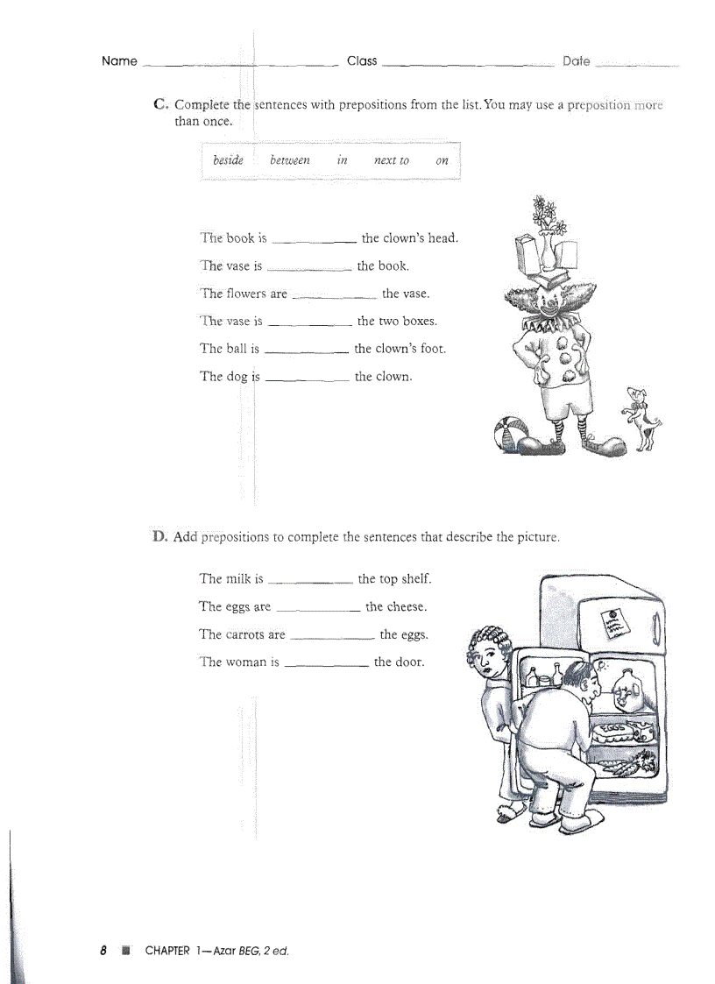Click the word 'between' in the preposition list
[x=289, y=160]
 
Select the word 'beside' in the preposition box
[x=228, y=160]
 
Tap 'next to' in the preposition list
[x=391, y=160]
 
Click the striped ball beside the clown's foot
[x=510, y=433]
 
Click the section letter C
[x=159, y=104]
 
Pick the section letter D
[x=159, y=536]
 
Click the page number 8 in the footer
[x=103, y=951]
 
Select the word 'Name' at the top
[x=119, y=61]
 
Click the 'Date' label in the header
[x=576, y=61]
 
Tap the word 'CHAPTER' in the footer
[x=167, y=951]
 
